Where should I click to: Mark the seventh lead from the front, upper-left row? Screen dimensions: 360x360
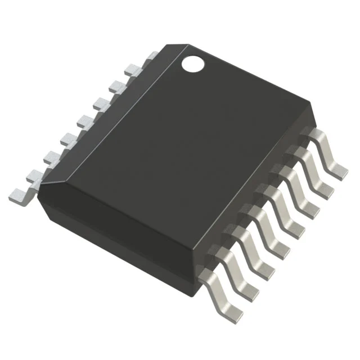[x=118, y=85]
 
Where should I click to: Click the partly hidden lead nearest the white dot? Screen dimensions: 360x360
[x=148, y=57]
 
